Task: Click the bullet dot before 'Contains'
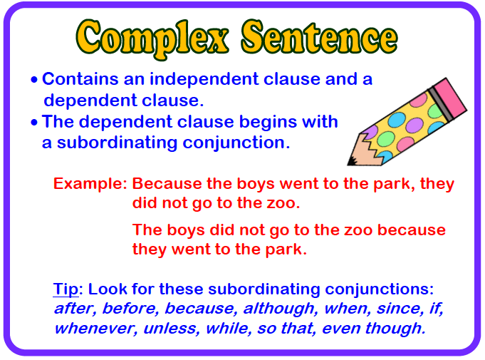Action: click(x=34, y=80)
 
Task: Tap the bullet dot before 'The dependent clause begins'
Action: click(x=34, y=122)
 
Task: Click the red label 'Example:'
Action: click(x=90, y=184)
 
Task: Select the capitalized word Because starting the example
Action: click(x=165, y=184)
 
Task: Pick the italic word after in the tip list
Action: click(x=73, y=309)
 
